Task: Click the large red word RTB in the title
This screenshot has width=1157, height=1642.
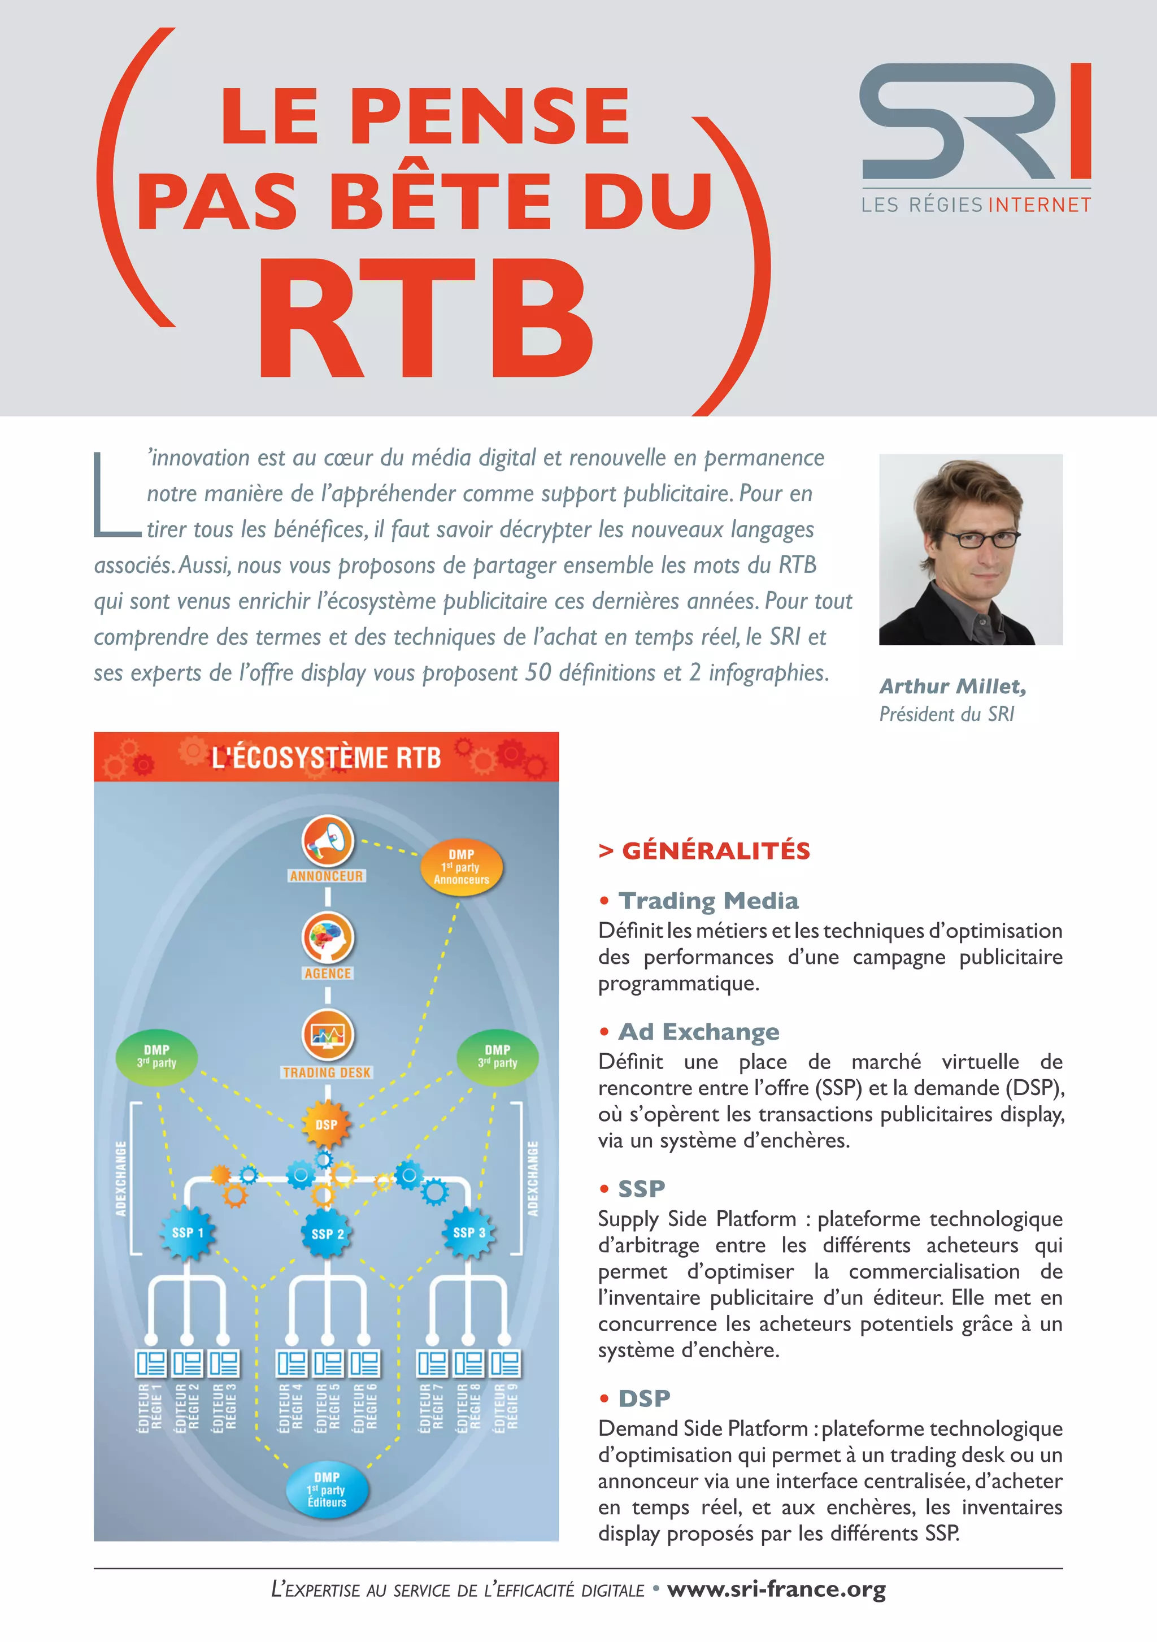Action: (x=426, y=318)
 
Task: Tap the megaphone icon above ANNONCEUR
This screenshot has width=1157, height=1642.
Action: (x=328, y=840)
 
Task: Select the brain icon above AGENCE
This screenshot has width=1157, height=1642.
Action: (x=328, y=937)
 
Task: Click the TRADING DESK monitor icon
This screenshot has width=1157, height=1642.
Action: (x=328, y=1035)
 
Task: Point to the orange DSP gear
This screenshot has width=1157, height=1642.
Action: (x=326, y=1124)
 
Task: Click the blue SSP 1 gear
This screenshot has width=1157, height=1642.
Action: (x=188, y=1232)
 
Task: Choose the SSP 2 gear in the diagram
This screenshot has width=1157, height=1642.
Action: (x=328, y=1233)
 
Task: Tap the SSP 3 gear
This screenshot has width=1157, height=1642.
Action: (x=469, y=1232)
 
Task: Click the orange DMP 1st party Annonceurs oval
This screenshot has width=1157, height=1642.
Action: (x=461, y=867)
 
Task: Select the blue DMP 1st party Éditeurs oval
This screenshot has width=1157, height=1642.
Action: (x=327, y=1489)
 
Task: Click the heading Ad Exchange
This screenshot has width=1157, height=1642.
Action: (x=699, y=1032)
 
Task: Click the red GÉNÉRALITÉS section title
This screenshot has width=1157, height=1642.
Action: (x=715, y=851)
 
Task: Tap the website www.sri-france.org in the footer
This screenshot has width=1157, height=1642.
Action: (x=776, y=1589)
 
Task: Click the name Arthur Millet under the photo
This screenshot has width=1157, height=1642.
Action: (x=952, y=687)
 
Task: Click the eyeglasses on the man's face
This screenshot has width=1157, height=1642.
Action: (x=982, y=538)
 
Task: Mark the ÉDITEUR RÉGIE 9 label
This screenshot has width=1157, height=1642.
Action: (x=506, y=1407)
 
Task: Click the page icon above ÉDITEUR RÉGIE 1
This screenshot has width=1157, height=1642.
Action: (x=151, y=1364)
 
